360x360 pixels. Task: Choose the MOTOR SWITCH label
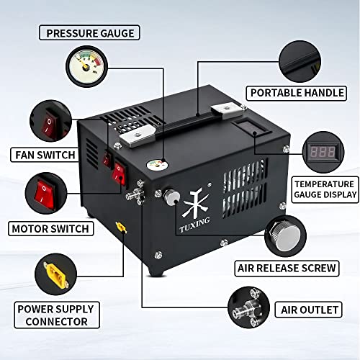pos(50,229)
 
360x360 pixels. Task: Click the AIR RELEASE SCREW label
pos(287,269)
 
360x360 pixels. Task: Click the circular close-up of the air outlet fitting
pos(251,308)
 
